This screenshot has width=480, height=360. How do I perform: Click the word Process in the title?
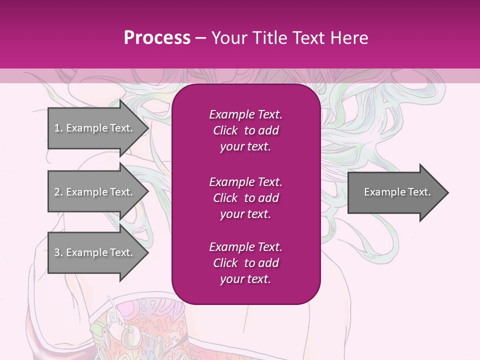coord(157,37)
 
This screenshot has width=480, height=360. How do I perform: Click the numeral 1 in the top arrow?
coord(57,128)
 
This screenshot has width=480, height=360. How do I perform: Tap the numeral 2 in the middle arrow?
coord(57,192)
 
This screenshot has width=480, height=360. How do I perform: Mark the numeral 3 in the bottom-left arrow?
coord(57,252)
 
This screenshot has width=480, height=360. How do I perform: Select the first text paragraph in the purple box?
coord(245,130)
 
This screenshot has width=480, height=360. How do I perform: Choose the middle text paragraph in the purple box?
coord(245,197)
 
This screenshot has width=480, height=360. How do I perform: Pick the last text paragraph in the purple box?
coord(245,263)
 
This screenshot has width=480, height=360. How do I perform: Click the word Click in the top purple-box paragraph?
coord(225,130)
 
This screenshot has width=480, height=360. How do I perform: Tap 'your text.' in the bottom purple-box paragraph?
coord(245,279)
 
